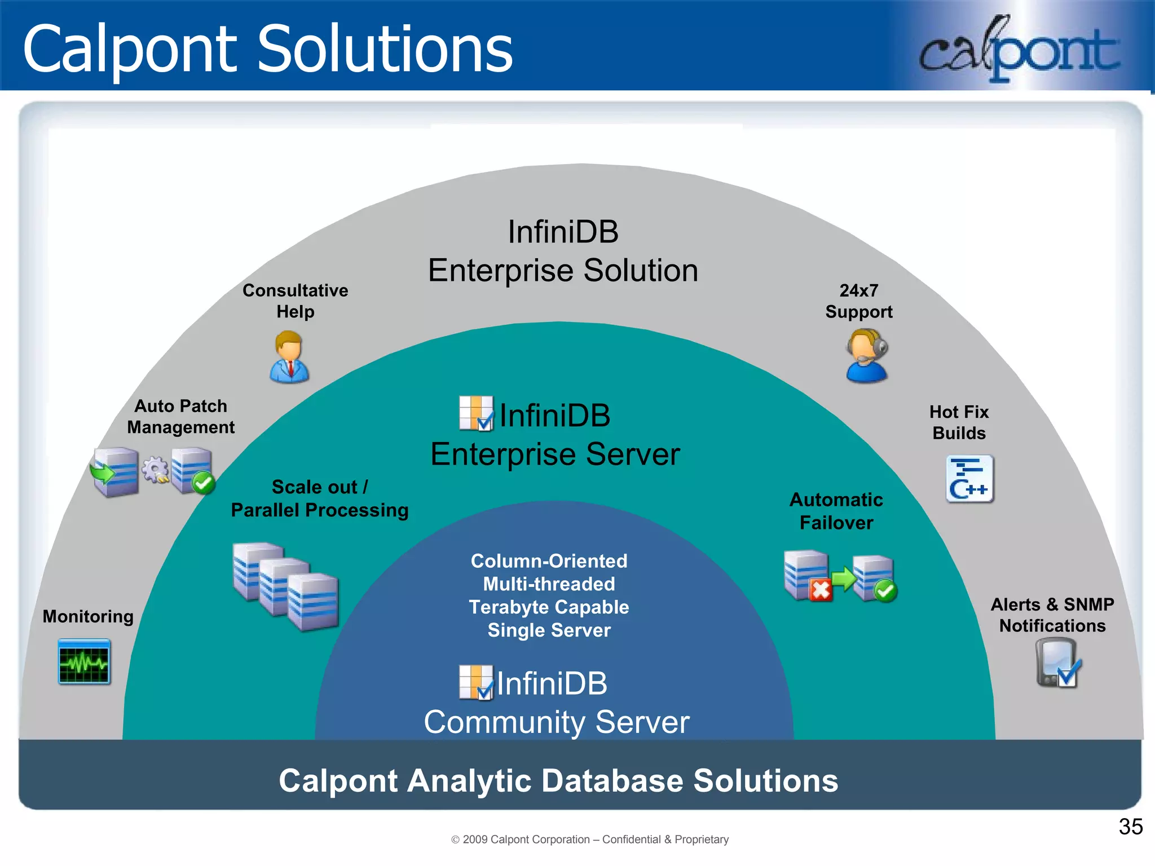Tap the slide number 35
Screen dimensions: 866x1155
[1130, 827]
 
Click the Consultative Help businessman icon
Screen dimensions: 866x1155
[289, 357]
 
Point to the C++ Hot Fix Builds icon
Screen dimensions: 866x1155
[969, 479]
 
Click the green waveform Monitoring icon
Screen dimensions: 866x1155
[84, 661]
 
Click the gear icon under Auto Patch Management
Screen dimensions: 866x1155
[155, 469]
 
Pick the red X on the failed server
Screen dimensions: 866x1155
[821, 590]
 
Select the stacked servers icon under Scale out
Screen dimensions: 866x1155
[285, 586]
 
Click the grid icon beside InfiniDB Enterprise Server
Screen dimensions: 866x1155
[476, 413]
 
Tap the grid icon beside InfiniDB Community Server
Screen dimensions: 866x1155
[476, 682]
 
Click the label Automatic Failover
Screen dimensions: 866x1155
[836, 511]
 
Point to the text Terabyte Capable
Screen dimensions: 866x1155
[549, 607]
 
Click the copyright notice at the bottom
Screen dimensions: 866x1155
[590, 840]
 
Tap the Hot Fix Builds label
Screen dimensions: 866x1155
[959, 422]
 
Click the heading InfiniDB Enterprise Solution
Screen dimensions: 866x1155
[563, 251]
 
